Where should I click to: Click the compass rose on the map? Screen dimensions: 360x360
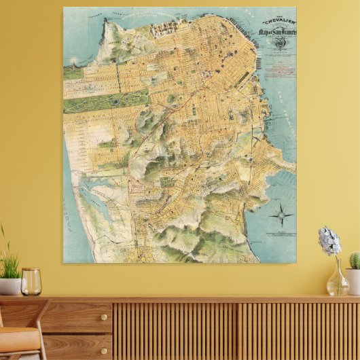tap(281, 217)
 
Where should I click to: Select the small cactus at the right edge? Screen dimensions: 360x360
tap(355, 260)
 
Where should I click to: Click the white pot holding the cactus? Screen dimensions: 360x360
tap(353, 280)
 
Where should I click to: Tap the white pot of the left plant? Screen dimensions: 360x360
tap(10, 286)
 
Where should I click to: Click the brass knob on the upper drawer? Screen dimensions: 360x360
tap(84, 317)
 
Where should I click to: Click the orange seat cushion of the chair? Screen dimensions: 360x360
tap(17, 336)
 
